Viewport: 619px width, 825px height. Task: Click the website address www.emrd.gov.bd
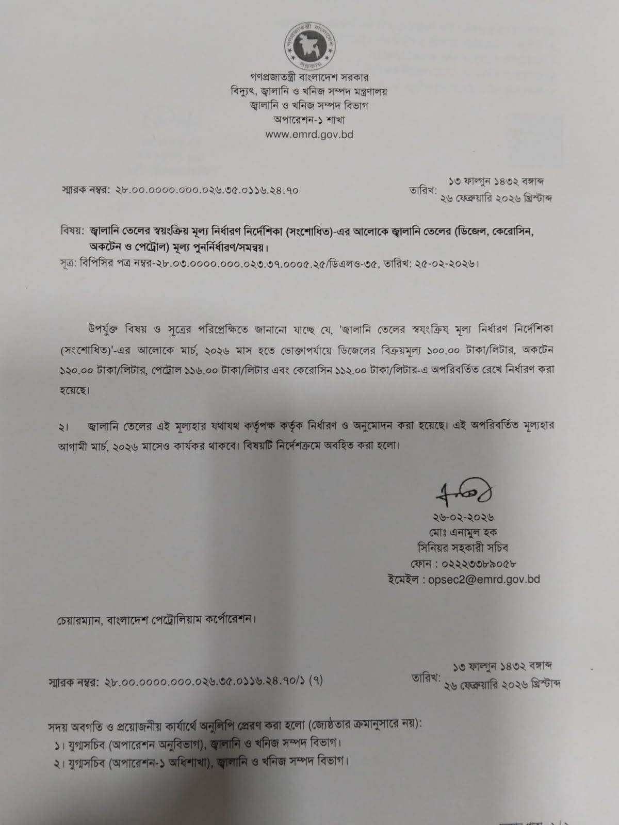[x=309, y=135]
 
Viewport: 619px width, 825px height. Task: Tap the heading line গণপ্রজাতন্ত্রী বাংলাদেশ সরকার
[x=309, y=78]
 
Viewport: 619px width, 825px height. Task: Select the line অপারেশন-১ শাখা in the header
[x=309, y=120]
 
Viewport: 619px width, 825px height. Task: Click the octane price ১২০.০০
[x=77, y=370]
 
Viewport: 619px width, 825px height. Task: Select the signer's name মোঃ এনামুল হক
[x=465, y=532]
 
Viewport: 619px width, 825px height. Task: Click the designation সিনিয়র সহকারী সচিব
[x=465, y=547]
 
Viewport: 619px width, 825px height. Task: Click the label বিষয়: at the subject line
[x=73, y=230]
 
